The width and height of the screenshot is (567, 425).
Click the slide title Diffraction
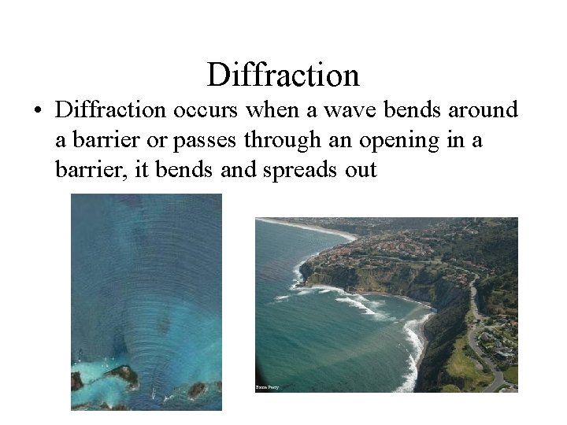(x=283, y=75)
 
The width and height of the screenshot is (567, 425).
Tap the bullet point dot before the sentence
(x=37, y=111)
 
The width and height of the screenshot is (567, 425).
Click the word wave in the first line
(x=357, y=110)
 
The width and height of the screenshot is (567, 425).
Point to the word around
(x=480, y=110)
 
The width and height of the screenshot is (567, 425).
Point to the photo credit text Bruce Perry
(x=268, y=387)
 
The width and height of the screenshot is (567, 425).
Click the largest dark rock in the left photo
(x=122, y=375)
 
